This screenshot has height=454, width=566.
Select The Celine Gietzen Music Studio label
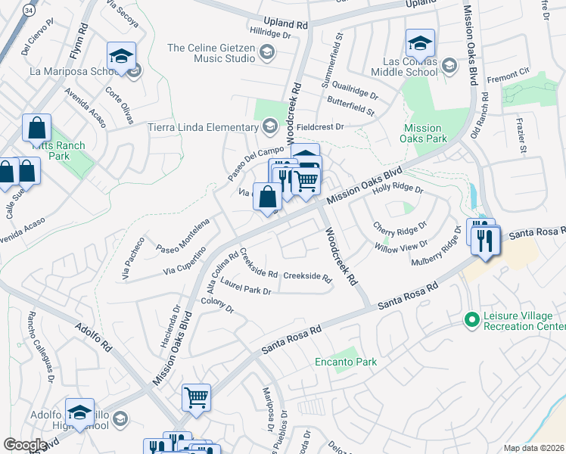coord(211,53)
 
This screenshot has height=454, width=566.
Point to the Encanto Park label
coord(346,362)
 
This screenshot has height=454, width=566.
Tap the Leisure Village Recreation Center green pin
coord(472,320)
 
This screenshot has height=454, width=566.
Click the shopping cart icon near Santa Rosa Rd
coord(197,396)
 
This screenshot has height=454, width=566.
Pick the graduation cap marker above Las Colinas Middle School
coord(419,42)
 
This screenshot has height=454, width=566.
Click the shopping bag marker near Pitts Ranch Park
coord(36,128)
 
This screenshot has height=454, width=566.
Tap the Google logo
coord(25,445)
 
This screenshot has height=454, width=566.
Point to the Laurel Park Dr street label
coord(245,291)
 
